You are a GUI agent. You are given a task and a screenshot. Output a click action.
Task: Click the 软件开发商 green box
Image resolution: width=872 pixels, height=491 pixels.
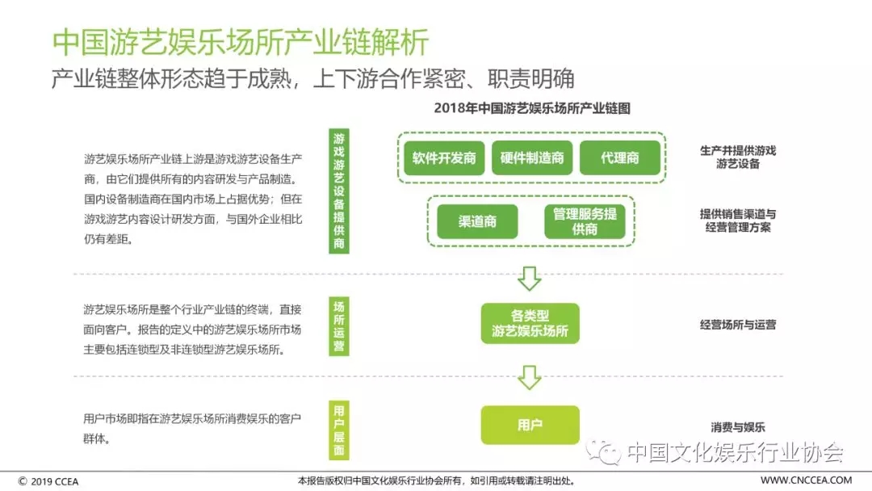pyautogui.click(x=444, y=158)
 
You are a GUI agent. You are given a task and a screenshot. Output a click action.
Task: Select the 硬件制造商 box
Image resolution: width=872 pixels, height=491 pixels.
pyautogui.click(x=531, y=158)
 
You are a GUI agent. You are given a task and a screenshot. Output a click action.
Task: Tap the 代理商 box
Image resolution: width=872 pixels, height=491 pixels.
pyautogui.click(x=619, y=158)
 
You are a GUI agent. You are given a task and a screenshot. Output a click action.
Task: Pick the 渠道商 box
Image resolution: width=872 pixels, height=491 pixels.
pyautogui.click(x=477, y=221)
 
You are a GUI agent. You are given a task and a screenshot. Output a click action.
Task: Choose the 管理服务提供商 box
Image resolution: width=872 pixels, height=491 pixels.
pyautogui.click(x=585, y=221)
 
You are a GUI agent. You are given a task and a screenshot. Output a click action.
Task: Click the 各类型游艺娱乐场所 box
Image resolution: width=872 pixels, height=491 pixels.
pyautogui.click(x=530, y=323)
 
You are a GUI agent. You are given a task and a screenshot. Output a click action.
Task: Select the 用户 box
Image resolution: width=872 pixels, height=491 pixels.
pyautogui.click(x=530, y=425)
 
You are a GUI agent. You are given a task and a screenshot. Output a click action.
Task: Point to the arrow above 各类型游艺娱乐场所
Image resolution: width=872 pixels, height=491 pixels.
pyautogui.click(x=530, y=279)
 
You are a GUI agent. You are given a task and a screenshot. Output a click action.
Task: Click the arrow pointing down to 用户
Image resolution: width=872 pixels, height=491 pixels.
pyautogui.click(x=530, y=378)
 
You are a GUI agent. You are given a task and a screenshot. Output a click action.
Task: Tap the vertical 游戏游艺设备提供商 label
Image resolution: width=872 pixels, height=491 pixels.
pyautogui.click(x=338, y=191)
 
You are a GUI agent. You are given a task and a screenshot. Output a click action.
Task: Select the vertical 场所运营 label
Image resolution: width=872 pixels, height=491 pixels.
pyautogui.click(x=338, y=326)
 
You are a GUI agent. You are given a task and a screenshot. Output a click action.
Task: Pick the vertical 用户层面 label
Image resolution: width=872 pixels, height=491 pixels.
pyautogui.click(x=338, y=430)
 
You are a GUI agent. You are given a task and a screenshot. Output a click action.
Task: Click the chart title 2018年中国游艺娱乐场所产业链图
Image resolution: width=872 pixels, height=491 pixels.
pyautogui.click(x=532, y=108)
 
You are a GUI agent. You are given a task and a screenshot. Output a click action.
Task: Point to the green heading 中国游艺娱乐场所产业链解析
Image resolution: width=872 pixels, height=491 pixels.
pyautogui.click(x=241, y=42)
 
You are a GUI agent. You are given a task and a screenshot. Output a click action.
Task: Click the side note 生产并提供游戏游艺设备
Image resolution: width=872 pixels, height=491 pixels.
pyautogui.click(x=737, y=157)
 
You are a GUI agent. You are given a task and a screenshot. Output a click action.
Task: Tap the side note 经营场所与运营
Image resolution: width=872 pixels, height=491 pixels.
pyautogui.click(x=737, y=325)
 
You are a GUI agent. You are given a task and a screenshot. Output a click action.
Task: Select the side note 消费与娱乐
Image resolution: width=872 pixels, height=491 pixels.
pyautogui.click(x=737, y=427)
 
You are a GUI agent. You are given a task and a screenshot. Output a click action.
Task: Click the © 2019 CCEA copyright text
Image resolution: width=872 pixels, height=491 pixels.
pyautogui.click(x=48, y=481)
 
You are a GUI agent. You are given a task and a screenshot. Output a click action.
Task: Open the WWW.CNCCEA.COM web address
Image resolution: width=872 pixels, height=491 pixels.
pyautogui.click(x=806, y=480)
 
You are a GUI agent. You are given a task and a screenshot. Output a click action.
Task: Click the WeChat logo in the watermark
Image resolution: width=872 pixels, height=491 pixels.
pyautogui.click(x=604, y=451)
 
